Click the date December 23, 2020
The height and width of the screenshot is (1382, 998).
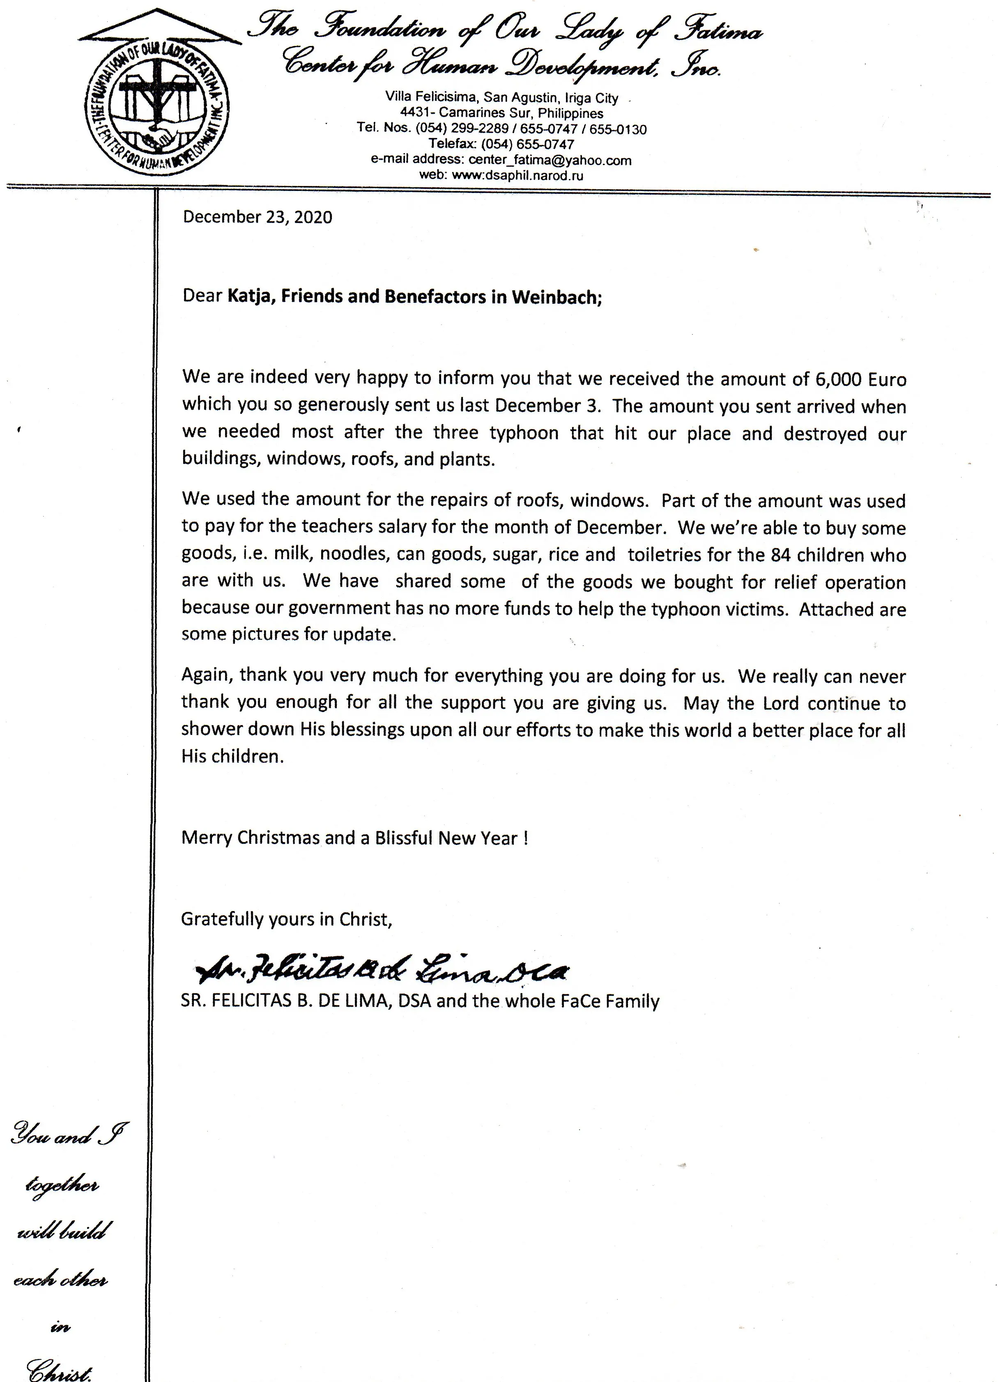point(257,218)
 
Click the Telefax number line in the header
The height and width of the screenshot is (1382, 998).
point(501,145)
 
